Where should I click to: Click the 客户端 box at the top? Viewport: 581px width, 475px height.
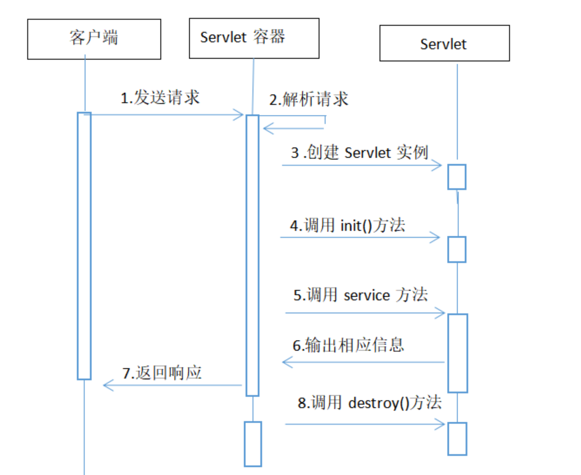coord(94,38)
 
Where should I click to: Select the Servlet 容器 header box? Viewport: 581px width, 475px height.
coord(254,38)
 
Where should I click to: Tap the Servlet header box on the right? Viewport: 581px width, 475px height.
coord(444,43)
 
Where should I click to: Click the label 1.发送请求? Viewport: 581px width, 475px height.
coord(160,97)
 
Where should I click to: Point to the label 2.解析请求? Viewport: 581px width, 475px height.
coord(308,99)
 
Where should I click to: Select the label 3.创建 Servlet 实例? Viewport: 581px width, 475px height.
coord(359,152)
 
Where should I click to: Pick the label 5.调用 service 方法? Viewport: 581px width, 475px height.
coord(360,295)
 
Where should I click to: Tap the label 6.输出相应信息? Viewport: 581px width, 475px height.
coord(348,345)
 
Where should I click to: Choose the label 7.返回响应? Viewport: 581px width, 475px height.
coord(162,372)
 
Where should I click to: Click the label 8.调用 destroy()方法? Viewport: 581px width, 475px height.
coord(369,403)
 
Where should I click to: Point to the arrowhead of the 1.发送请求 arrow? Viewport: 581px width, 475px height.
coord(239,115)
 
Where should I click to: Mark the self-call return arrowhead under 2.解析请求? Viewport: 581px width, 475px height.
coord(267,128)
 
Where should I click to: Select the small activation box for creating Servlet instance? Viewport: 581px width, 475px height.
coord(456,177)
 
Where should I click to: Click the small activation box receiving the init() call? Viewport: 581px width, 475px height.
coord(456,249)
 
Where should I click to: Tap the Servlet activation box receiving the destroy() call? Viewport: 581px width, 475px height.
coord(456,438)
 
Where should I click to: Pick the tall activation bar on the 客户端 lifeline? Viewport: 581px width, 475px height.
coord(84,246)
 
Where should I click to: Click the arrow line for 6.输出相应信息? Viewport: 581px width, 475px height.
coord(363,362)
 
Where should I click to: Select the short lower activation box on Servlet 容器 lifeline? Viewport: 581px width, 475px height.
coord(252,444)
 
